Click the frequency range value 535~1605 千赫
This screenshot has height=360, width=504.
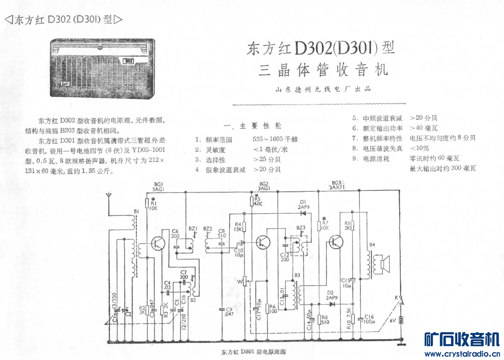pos(275,139)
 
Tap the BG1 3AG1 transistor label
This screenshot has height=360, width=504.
pos(159,186)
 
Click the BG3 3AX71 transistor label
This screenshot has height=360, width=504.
pos(340,186)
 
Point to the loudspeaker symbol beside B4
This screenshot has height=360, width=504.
pos(383,263)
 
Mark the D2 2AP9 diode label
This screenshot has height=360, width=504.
pos(331,295)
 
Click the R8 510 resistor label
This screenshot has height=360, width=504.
pos(324,320)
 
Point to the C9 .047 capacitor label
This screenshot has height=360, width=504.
pos(228,311)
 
